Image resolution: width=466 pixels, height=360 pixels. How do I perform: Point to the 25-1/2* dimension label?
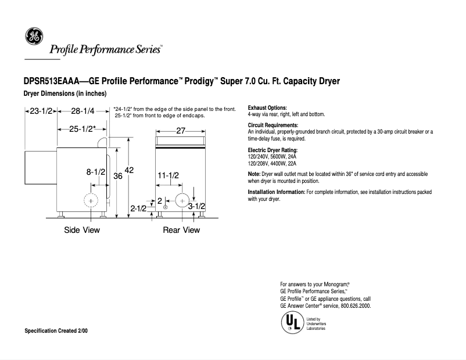pyautogui.click(x=83, y=129)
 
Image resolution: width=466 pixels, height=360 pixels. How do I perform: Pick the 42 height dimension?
pyautogui.click(x=129, y=170)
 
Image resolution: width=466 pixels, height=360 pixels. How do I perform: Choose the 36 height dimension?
pyautogui.click(x=117, y=176)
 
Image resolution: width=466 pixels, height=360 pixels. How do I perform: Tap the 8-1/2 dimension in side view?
pyautogui.click(x=96, y=172)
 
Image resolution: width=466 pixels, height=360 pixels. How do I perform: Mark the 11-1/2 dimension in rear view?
pyautogui.click(x=168, y=175)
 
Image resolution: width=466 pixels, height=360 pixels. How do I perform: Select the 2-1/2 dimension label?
pyautogui.click(x=138, y=207)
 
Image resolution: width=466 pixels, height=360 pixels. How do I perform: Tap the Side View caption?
pyautogui.click(x=81, y=230)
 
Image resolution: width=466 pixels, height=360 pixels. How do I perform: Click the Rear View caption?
pyautogui.click(x=181, y=230)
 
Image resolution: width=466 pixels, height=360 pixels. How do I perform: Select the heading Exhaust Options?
pyautogui.click(x=267, y=108)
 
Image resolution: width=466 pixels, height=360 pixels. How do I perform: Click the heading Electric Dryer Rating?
pyautogui.click(x=273, y=150)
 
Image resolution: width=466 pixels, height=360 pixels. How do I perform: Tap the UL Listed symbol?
pyautogui.click(x=290, y=321)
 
